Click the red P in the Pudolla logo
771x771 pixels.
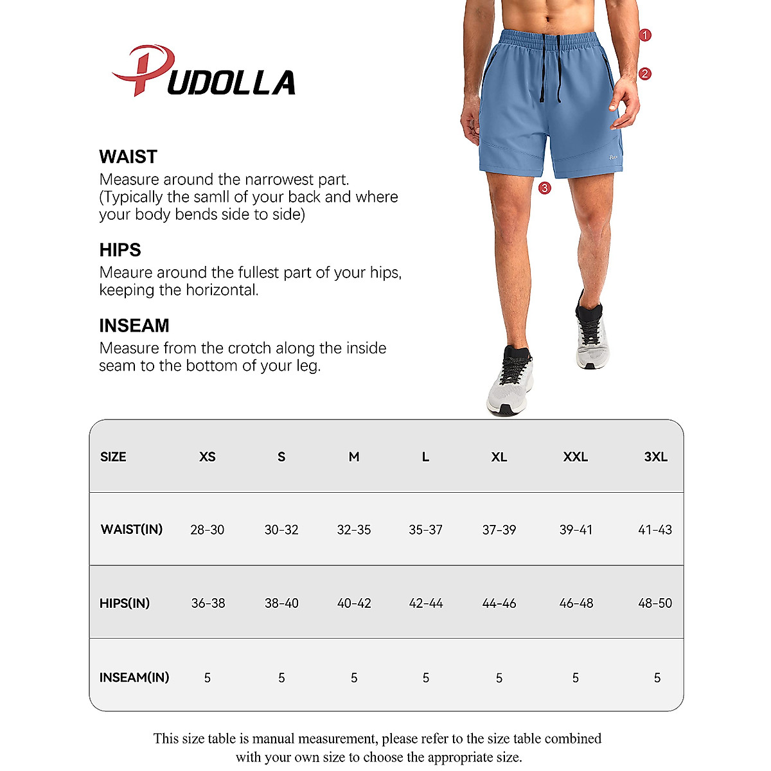(x=143, y=69)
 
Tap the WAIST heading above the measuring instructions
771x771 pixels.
(x=128, y=157)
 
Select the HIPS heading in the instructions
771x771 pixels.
(x=120, y=250)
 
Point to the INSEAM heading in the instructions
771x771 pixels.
(x=134, y=326)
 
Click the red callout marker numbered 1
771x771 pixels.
(x=645, y=35)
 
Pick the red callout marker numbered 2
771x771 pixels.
(x=644, y=74)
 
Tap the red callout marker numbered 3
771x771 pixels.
(x=545, y=188)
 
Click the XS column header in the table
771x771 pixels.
(x=207, y=457)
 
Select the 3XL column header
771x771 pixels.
(x=655, y=457)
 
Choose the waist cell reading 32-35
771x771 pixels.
(x=354, y=530)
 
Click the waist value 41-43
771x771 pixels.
(x=655, y=530)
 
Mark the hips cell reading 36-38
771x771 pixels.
(x=208, y=603)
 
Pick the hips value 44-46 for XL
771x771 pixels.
(x=499, y=603)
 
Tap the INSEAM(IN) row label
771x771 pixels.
(x=134, y=677)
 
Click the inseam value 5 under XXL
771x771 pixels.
(x=575, y=678)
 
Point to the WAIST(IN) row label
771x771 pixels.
(x=131, y=529)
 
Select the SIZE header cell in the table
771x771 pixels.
(x=113, y=457)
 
